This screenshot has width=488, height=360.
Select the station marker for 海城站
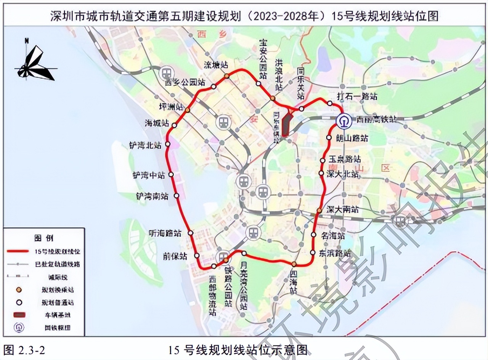(x=175, y=125)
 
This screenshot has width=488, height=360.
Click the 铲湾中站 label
(x=149, y=175)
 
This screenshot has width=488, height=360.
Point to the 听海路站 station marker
(x=191, y=233)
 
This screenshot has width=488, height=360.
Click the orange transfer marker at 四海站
(x=294, y=264)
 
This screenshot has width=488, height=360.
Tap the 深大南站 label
(x=342, y=209)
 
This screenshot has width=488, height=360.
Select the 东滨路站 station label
(x=335, y=253)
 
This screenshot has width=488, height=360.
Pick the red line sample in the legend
(x=18, y=251)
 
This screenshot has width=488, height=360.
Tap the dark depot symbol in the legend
(x=19, y=315)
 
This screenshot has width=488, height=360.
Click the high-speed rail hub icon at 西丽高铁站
(x=344, y=121)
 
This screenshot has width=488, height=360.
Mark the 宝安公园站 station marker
(x=258, y=84)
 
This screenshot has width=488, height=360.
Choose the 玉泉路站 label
(x=345, y=159)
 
